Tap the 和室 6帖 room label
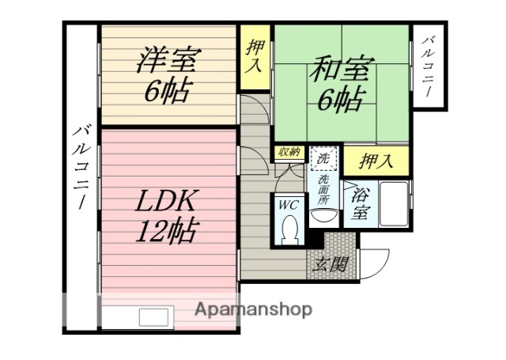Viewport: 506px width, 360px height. pos(338,81)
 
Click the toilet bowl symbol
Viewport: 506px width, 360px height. pos(289,229)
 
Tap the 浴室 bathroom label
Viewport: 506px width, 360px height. pos(361,203)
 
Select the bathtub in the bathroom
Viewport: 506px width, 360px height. pos(393,205)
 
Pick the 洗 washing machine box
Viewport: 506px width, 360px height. pos(323,159)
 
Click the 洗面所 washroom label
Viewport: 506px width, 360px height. pos(324,190)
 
